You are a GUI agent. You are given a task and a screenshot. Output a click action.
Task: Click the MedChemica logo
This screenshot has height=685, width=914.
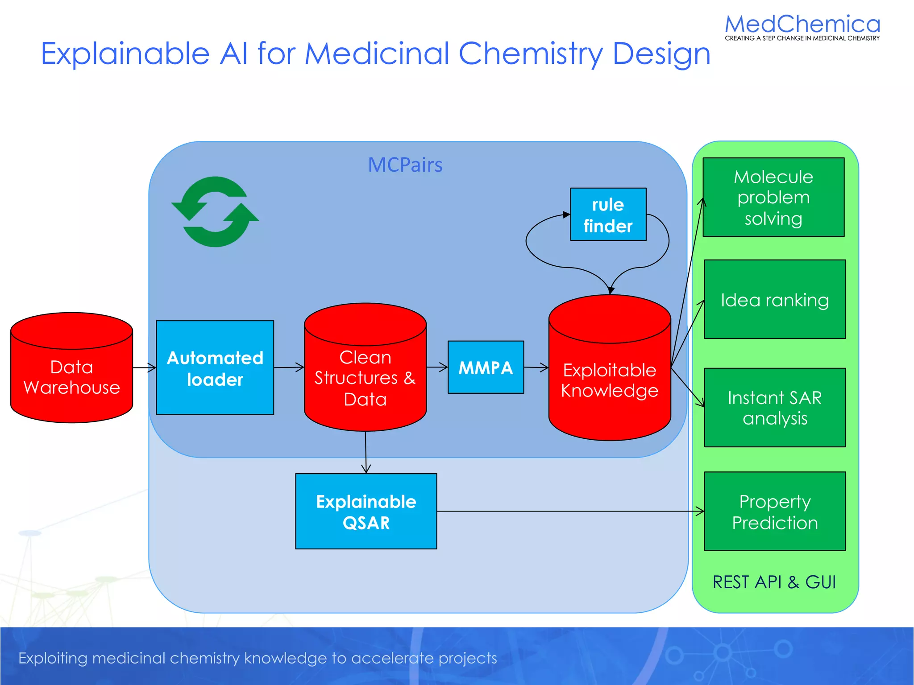tap(802, 27)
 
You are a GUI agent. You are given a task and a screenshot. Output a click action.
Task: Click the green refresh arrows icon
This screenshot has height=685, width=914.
tap(215, 212)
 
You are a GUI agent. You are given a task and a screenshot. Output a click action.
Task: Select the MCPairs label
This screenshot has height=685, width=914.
tap(405, 165)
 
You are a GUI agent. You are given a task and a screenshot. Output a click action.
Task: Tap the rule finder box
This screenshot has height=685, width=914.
tap(608, 215)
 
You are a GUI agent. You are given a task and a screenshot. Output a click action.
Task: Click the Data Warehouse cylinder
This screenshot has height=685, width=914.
tap(71, 377)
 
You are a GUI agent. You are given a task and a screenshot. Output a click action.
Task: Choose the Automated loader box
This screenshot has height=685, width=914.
tap(215, 368)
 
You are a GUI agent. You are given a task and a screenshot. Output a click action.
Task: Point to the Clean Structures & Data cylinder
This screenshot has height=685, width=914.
tap(365, 378)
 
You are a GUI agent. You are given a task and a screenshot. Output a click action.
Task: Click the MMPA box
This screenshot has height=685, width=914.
tap(486, 367)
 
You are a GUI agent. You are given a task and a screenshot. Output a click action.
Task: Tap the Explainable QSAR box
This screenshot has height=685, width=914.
tap(366, 512)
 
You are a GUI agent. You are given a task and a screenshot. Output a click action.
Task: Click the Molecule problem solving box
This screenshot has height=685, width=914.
tap(773, 197)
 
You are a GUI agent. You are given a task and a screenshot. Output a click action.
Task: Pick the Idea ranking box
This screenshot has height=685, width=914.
tap(774, 300)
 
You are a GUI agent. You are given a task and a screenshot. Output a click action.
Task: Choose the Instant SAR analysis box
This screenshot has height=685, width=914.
tap(774, 408)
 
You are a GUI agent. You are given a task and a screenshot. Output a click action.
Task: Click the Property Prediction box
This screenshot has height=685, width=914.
tap(774, 512)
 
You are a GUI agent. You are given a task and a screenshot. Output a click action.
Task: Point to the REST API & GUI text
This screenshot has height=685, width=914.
tap(774, 582)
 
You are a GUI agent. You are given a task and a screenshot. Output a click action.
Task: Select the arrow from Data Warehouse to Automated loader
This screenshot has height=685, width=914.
tap(144, 368)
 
